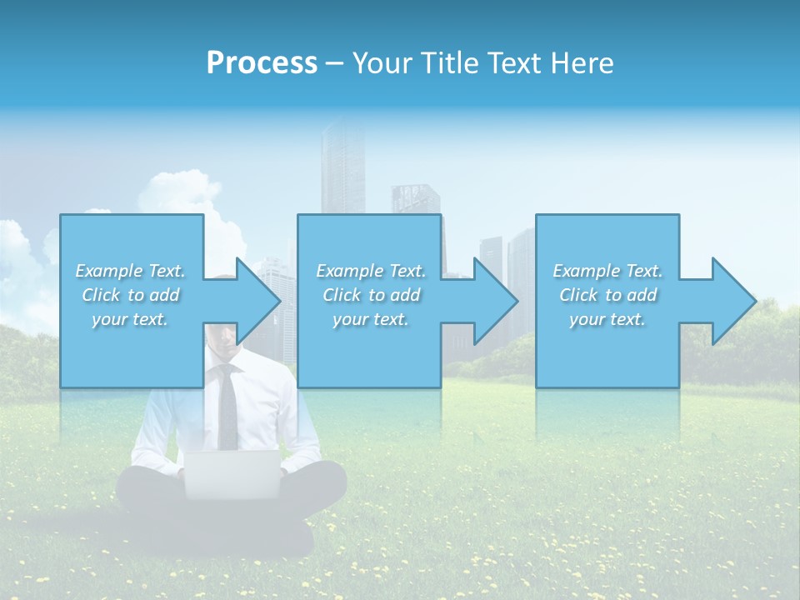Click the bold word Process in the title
pos(262,63)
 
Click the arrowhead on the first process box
pos(259,301)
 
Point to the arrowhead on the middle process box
pos(497,301)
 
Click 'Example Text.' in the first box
pos(130,271)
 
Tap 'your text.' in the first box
pos(130,319)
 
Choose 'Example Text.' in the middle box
pos(371,271)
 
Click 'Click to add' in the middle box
pos(371,295)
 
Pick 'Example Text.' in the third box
pos(607,271)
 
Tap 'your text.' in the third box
pos(607,319)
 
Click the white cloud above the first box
pos(179,192)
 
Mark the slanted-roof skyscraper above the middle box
pos(415,200)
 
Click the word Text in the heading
pos(513,63)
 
